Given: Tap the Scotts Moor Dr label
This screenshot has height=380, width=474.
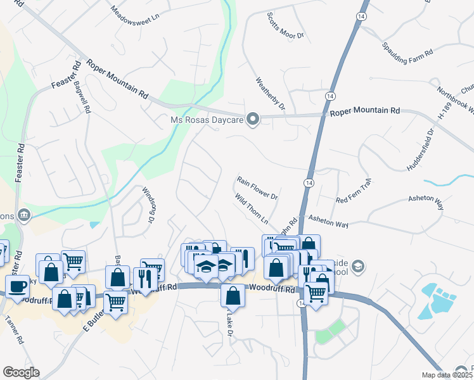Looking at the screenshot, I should [x=285, y=26].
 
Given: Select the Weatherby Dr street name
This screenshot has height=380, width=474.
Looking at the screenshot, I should [x=271, y=93].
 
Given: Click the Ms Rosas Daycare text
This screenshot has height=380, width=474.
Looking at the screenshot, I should [x=207, y=120].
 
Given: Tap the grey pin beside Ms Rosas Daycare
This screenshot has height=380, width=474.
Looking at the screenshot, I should [x=253, y=120].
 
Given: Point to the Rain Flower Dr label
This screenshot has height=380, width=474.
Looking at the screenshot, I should [x=257, y=188].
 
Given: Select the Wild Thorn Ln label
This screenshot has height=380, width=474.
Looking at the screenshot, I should [x=252, y=210].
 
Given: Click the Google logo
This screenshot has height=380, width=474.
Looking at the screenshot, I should [x=21, y=372].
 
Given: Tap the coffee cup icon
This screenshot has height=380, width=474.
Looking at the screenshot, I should [x=17, y=286].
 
